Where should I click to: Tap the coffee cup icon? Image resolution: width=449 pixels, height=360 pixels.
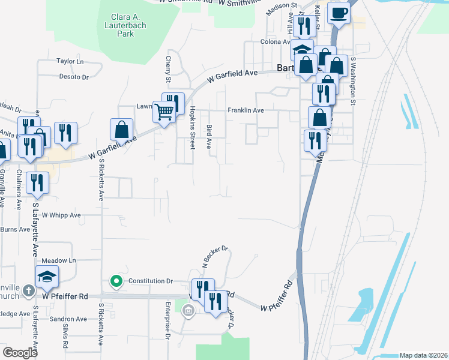339,13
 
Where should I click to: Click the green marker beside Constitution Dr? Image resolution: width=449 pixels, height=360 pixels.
116,280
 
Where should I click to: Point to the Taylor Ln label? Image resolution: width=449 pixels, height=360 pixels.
69,61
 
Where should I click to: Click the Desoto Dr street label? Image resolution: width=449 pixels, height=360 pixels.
73,77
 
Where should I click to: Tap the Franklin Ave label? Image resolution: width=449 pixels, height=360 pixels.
246,110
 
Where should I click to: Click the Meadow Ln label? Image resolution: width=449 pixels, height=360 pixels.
59,260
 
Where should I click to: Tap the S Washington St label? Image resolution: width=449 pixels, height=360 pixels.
354,82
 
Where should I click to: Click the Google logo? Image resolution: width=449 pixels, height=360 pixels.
20,353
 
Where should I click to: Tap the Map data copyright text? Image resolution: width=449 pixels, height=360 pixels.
423,355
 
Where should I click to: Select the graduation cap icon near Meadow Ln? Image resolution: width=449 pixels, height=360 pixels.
45,277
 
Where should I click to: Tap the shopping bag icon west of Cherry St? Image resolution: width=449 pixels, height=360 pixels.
121,129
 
